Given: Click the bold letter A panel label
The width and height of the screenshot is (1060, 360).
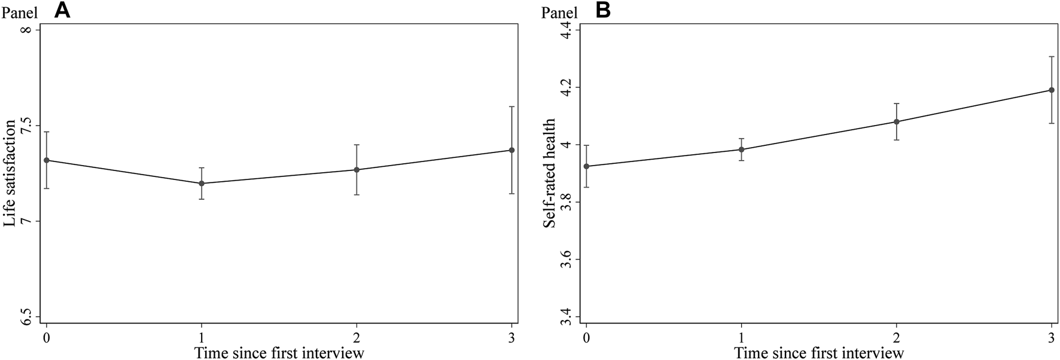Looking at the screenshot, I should (x=62, y=11).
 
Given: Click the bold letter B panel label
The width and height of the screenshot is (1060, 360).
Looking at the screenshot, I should (x=602, y=11).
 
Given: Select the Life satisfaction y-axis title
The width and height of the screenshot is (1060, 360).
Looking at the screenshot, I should (x=10, y=173).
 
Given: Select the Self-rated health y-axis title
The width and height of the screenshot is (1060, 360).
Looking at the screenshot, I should (x=549, y=173).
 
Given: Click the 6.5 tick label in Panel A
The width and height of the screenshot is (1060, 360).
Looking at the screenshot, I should (x=26, y=317).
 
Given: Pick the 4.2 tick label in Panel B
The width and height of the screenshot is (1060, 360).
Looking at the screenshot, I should (x=565, y=87).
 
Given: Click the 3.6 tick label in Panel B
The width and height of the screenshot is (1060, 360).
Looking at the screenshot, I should (x=565, y=260).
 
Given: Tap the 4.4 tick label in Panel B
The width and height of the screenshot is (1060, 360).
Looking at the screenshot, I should (x=565, y=30).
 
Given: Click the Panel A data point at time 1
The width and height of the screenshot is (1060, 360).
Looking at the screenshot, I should (x=202, y=183).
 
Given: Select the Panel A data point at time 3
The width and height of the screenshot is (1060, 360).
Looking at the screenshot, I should (x=511, y=150).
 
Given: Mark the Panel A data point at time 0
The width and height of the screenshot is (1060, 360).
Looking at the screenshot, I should (x=47, y=160).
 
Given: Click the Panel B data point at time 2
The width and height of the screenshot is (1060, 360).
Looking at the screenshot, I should (x=897, y=121).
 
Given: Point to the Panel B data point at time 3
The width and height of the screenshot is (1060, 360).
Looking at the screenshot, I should (x=1052, y=90).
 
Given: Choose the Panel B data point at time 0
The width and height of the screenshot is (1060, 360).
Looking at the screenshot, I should (x=586, y=166).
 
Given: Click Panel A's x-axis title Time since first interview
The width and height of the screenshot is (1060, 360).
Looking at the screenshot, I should (x=279, y=352).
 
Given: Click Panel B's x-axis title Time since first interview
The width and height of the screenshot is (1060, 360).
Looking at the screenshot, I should (x=819, y=352).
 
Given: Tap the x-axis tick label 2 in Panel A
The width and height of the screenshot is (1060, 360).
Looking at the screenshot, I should (x=357, y=336).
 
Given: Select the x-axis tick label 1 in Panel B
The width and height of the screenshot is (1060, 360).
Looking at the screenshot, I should (x=742, y=336).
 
